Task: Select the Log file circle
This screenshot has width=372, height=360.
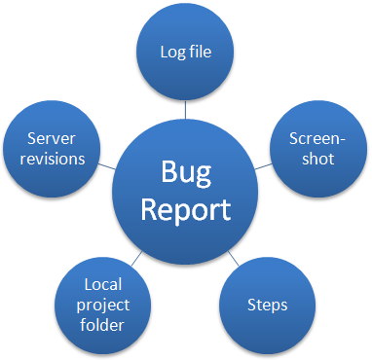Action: point(185,52)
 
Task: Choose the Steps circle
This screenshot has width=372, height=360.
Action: point(266,306)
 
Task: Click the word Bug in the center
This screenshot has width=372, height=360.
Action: point(185,174)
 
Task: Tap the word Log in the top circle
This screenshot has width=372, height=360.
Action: point(171,52)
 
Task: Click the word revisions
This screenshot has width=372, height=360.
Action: point(55,159)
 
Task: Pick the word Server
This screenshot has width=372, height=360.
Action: point(53,138)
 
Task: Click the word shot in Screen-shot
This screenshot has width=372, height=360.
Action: point(317,159)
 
